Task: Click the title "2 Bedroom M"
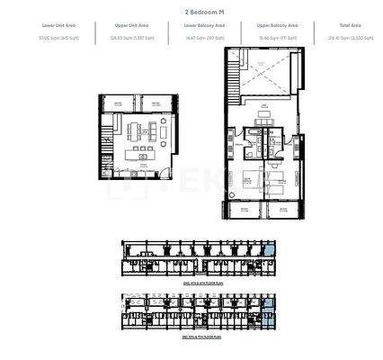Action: (x=191, y=13)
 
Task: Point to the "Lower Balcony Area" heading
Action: (x=191, y=28)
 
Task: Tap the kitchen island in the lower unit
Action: (x=139, y=148)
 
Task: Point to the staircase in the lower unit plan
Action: (x=107, y=140)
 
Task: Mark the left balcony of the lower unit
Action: (x=117, y=105)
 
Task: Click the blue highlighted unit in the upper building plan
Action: (x=271, y=254)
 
